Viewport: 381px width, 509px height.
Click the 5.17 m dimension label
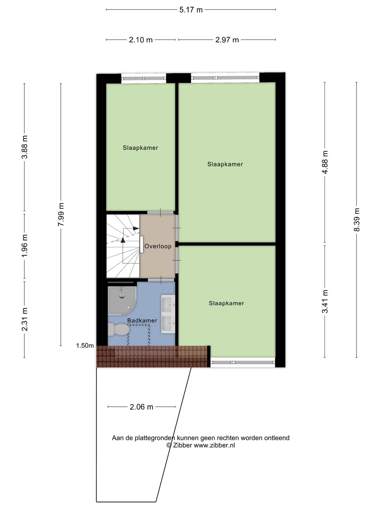click(191, 10)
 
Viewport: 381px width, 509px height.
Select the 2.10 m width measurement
click(140, 40)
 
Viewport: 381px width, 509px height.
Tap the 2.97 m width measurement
click(227, 40)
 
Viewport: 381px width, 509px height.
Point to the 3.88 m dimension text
click(25, 147)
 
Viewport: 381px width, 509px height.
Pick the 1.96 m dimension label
click(25, 246)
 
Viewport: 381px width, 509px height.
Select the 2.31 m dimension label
click(25, 319)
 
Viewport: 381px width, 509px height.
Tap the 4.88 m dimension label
click(325, 162)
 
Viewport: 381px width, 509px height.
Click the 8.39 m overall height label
click(357, 220)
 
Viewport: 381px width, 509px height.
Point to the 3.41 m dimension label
click(325, 301)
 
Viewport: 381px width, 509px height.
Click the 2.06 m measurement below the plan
click(141, 407)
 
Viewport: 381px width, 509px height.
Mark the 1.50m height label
click(85, 346)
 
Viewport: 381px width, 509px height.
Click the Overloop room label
click(158, 246)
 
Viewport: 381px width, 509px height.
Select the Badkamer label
click(142, 321)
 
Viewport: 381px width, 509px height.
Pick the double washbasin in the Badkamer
click(168, 314)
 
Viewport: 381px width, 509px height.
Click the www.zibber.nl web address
click(214, 445)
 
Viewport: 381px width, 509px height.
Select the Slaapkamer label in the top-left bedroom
click(140, 148)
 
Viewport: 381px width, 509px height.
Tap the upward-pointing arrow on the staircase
click(123, 240)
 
